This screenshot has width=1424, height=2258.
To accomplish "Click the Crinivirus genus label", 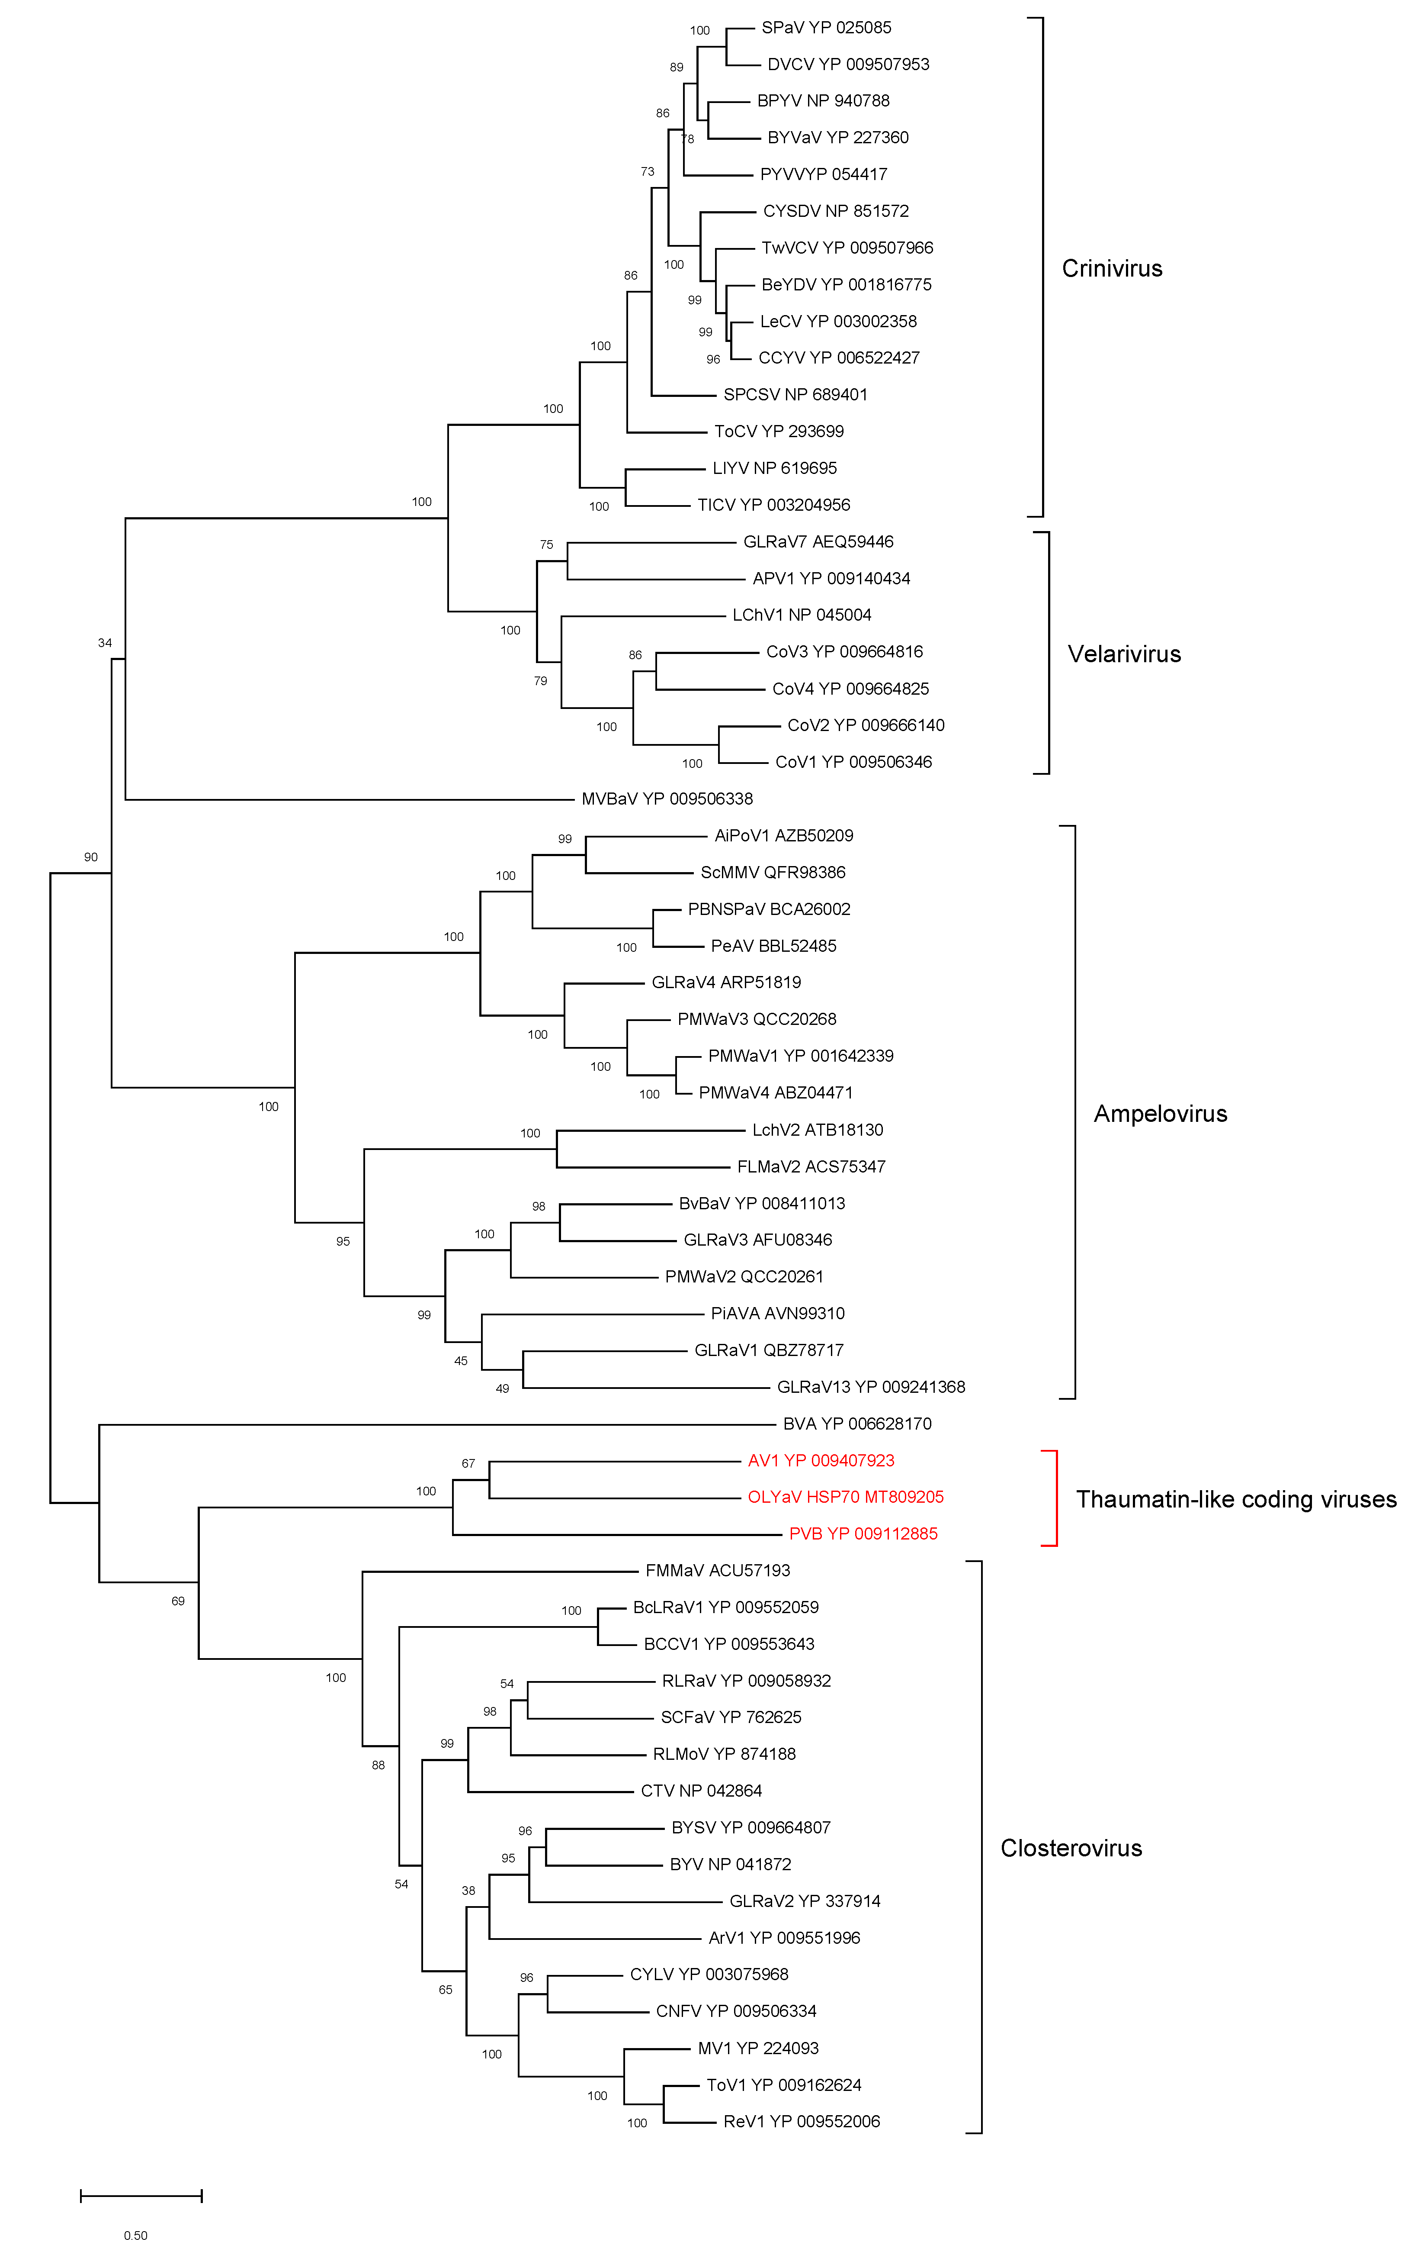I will point(1112,269).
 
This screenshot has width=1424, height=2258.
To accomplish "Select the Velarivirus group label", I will point(1124,654).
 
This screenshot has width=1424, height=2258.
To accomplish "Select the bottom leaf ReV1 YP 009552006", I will point(802,2122).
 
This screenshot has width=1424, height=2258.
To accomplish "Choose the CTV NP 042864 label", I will point(701,1791).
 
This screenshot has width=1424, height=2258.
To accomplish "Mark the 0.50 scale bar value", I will point(136,2235).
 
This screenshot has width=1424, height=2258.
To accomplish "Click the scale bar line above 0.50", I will point(141,2196).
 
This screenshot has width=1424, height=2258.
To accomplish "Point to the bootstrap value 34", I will point(105,643).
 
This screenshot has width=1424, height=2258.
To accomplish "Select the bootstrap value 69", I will point(178,1601).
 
